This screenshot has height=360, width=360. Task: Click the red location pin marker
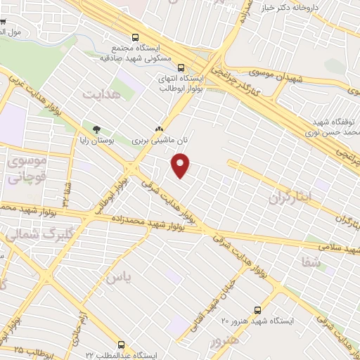(181, 165)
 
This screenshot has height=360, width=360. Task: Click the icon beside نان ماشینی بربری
(159, 129)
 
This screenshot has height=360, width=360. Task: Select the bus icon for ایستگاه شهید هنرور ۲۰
(257, 309)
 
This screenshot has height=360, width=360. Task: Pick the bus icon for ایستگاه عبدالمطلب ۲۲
(122, 345)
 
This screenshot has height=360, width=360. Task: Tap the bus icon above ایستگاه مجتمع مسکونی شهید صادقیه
(136, 38)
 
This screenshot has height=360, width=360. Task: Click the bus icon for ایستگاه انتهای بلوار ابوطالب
(181, 67)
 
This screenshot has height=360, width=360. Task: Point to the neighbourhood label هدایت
(97, 94)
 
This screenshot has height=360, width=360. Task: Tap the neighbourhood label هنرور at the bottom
(224, 340)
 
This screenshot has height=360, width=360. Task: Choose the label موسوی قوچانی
(25, 169)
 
